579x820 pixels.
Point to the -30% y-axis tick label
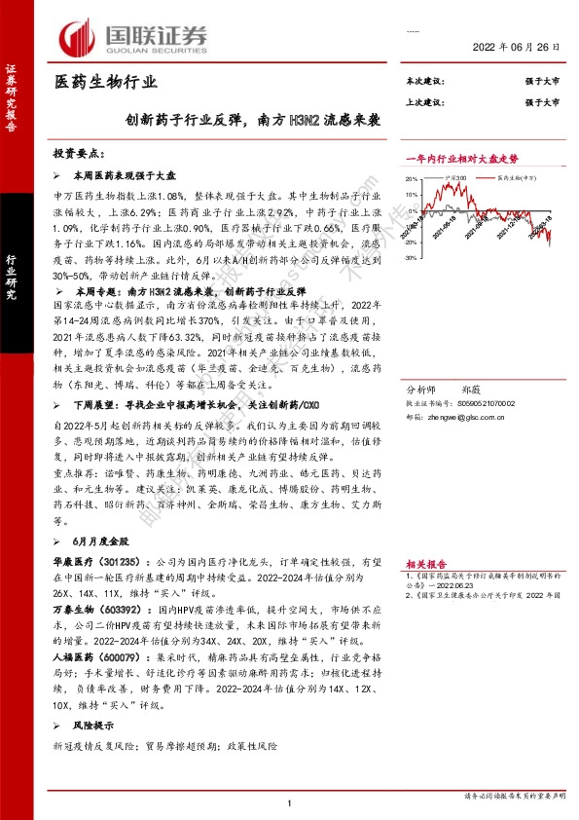pyautogui.click(x=414, y=258)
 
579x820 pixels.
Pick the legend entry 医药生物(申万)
pyautogui.click(x=518, y=178)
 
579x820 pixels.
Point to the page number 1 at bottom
pyautogui.click(x=289, y=801)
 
